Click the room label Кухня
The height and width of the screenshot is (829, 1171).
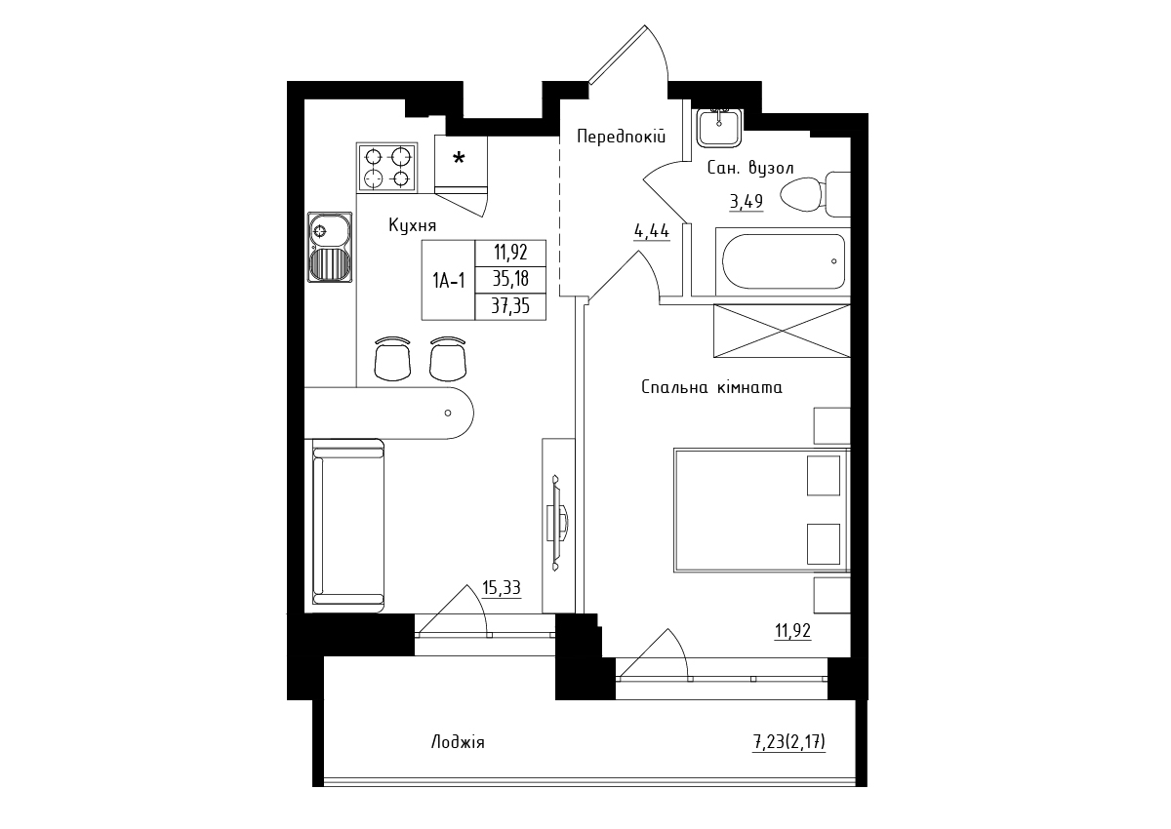pyautogui.click(x=412, y=225)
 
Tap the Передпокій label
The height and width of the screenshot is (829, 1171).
pyautogui.click(x=621, y=137)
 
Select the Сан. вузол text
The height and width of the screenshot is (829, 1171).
pyautogui.click(x=750, y=168)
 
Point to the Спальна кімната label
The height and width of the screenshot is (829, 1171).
pyautogui.click(x=711, y=387)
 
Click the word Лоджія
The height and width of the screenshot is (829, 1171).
pyautogui.click(x=458, y=742)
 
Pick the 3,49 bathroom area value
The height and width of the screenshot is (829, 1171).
pyautogui.click(x=746, y=201)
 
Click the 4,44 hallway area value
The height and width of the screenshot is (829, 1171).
pyautogui.click(x=652, y=231)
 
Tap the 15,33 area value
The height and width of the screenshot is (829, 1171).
pyautogui.click(x=502, y=588)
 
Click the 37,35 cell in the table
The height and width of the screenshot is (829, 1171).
pyautogui.click(x=510, y=306)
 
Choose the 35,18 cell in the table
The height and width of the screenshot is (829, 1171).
pyautogui.click(x=510, y=280)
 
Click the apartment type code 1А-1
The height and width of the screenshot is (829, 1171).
pyautogui.click(x=448, y=282)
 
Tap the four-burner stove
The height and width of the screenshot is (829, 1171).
pyautogui.click(x=386, y=167)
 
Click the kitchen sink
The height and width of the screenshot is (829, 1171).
pyautogui.click(x=330, y=247)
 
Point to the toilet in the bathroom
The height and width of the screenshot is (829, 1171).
pyautogui.click(x=815, y=194)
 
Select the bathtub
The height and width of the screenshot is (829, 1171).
pyautogui.click(x=783, y=261)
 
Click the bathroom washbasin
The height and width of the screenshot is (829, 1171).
pyautogui.click(x=719, y=128)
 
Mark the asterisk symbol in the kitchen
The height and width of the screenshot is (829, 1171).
pyautogui.click(x=459, y=158)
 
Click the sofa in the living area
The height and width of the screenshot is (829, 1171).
pyautogui.click(x=348, y=526)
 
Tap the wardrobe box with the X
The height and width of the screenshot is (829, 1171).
pyautogui.click(x=782, y=331)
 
